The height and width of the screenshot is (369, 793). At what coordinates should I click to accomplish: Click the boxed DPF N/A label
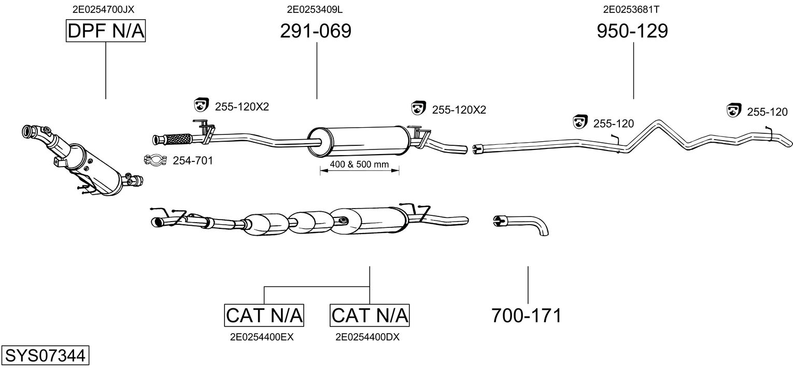tap(106, 31)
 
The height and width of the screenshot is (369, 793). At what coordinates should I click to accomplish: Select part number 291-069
tap(316, 31)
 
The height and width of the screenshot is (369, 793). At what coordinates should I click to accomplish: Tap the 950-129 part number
tap(632, 31)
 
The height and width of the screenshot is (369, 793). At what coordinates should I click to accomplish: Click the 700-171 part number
tap(527, 315)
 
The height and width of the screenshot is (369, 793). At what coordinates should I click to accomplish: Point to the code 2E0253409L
tap(315, 9)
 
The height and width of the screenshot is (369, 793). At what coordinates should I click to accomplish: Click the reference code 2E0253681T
tap(631, 9)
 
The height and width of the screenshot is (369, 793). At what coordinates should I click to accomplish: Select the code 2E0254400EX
tap(262, 337)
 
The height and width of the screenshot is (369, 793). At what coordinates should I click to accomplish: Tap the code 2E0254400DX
tap(367, 337)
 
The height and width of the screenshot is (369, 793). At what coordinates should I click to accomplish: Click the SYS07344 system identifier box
tap(45, 356)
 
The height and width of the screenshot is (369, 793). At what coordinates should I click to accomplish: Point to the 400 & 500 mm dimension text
tap(359, 165)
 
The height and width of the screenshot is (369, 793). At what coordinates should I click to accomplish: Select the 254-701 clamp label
tap(192, 161)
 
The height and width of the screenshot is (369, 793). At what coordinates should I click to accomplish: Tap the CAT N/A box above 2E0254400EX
tap(264, 315)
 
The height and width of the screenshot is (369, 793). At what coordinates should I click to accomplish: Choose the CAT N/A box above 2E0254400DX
tap(370, 315)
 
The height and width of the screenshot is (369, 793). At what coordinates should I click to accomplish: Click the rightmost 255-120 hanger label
tap(767, 112)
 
